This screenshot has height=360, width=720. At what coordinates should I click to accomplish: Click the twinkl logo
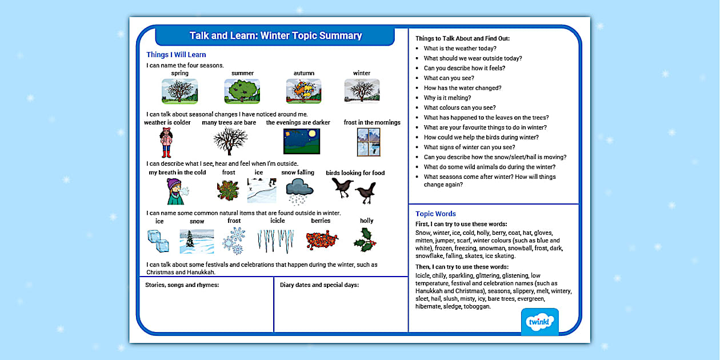tap(539, 321)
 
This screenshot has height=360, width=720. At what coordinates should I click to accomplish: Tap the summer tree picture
tap(242, 91)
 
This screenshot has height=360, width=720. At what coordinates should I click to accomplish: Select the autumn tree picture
tap(303, 91)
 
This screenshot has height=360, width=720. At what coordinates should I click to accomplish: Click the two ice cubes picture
tap(158, 241)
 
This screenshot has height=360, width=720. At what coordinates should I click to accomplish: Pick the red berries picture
tap(322, 240)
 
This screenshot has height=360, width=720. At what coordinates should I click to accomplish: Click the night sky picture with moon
tap(301, 141)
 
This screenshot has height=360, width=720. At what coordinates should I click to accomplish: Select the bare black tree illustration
tap(230, 141)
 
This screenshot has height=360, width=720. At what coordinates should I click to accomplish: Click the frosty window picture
tap(369, 142)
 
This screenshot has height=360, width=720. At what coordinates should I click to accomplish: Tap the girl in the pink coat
tap(166, 142)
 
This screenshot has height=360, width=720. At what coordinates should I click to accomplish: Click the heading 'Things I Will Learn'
tap(176, 55)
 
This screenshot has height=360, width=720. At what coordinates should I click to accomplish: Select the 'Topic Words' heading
tap(435, 214)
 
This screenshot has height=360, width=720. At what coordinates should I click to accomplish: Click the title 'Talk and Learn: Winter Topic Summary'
tap(275, 36)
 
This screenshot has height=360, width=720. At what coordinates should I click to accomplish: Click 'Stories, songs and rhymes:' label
tap(182, 285)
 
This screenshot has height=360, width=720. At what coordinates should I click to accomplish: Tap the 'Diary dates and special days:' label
tap(319, 285)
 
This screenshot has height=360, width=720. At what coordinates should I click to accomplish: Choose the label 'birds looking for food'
tap(355, 173)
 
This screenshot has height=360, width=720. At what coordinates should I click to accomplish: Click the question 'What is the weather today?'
tap(460, 49)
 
